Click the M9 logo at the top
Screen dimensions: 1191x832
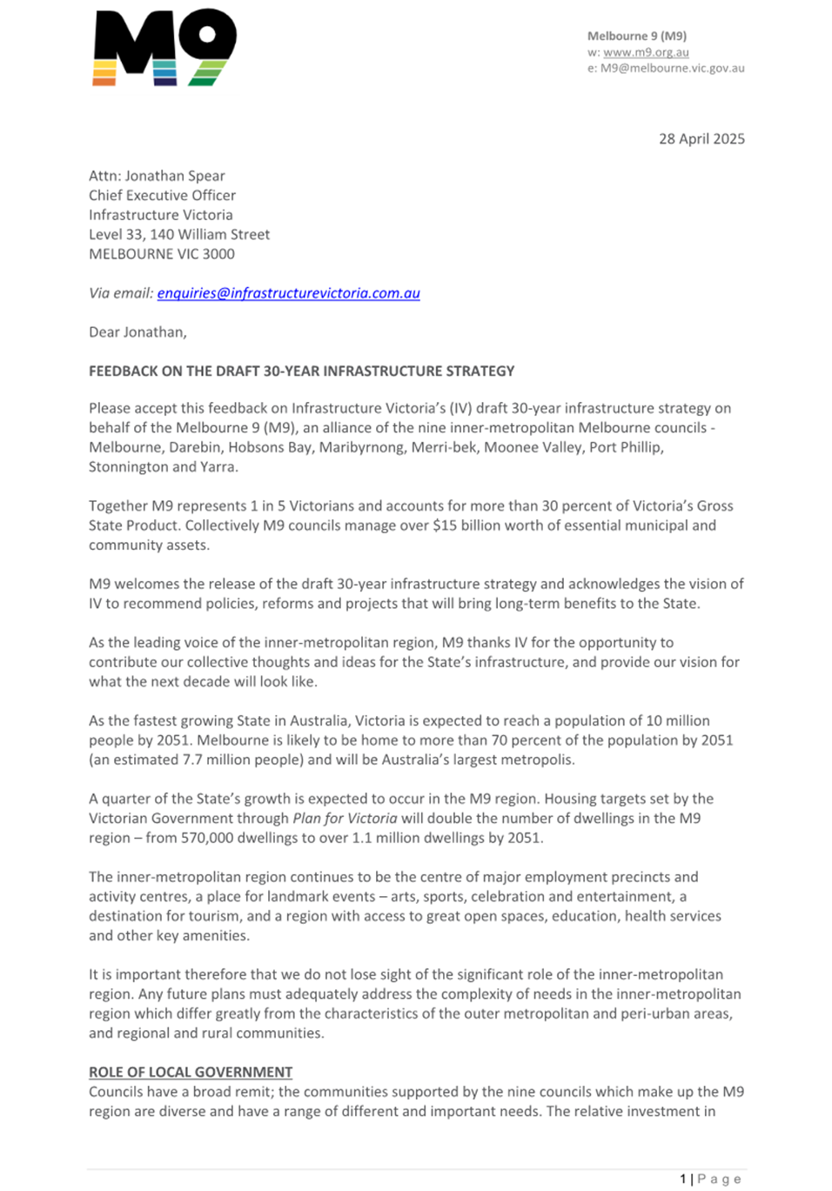point(164,47)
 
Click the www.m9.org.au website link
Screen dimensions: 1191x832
point(646,52)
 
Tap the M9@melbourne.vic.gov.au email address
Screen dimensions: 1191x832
point(672,68)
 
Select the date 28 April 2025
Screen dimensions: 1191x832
point(701,138)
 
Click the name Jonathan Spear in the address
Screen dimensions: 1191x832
point(175,176)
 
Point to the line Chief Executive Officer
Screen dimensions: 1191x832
point(162,195)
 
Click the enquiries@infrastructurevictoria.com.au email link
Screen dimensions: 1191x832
point(288,293)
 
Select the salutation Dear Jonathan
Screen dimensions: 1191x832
point(138,331)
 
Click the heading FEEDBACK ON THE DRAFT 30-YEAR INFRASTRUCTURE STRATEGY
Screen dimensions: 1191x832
point(301,371)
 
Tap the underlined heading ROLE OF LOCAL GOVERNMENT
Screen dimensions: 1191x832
point(191,1072)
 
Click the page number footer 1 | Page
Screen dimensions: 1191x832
point(710,1179)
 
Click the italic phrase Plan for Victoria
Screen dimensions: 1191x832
point(345,818)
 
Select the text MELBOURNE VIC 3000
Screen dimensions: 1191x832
point(162,254)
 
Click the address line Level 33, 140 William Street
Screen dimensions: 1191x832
point(179,234)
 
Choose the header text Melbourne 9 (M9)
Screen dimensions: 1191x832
point(636,36)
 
